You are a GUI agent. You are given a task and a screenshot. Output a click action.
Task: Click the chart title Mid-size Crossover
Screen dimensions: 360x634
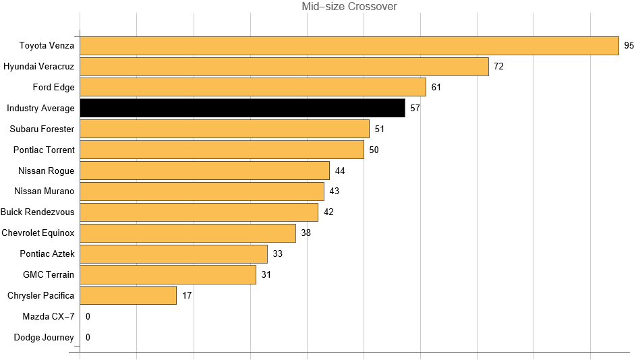click(x=349, y=7)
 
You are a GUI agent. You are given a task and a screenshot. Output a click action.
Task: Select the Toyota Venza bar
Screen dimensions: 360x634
click(x=349, y=46)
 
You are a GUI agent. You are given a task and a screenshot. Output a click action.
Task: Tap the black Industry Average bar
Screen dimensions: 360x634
click(x=242, y=108)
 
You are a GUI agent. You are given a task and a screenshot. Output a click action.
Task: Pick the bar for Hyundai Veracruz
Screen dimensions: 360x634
click(x=284, y=67)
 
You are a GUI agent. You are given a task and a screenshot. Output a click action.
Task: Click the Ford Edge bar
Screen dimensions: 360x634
click(x=253, y=87)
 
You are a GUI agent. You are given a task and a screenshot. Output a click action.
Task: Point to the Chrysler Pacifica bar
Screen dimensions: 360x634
click(x=128, y=295)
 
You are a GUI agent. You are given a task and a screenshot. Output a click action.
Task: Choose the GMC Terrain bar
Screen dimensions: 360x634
click(x=168, y=274)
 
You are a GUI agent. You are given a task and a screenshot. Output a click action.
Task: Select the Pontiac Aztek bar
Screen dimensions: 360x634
click(x=173, y=253)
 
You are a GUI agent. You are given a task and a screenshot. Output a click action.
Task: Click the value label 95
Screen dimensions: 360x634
click(x=629, y=46)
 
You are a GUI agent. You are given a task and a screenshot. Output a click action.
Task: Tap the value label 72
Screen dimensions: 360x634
click(x=498, y=67)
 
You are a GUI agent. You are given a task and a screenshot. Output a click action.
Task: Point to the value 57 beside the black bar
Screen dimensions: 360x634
click(x=415, y=109)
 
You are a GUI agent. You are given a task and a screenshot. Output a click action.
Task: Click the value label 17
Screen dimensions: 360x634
click(x=187, y=295)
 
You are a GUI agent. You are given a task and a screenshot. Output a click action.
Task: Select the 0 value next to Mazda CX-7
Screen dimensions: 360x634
click(x=88, y=316)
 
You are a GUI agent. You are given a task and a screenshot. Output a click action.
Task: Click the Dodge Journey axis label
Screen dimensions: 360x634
click(x=44, y=337)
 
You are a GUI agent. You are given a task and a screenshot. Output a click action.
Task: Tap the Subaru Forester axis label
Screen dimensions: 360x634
click(x=42, y=129)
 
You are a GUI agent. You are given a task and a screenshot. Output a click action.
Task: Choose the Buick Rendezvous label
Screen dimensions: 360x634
click(x=37, y=212)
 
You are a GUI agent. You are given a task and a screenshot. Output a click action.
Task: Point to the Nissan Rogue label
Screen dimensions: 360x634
click(x=47, y=171)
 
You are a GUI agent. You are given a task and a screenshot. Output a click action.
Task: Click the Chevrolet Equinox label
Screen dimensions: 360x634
click(x=38, y=233)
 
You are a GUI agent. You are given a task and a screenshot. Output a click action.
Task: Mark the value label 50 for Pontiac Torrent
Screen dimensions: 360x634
click(x=374, y=150)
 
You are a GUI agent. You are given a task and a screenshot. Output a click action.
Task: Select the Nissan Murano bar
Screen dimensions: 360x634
click(x=202, y=191)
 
